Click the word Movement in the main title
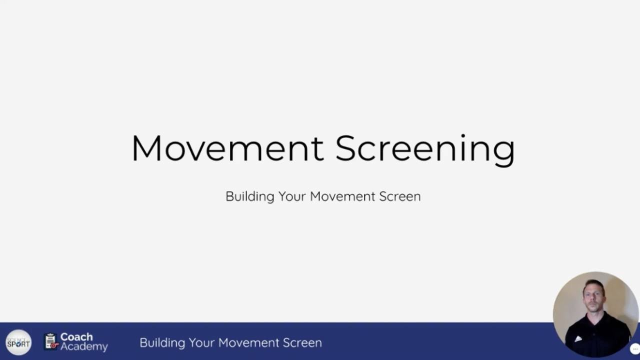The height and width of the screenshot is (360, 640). [227, 148]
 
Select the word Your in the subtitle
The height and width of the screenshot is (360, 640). [292, 196]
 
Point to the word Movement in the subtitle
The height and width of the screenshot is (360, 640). [342, 196]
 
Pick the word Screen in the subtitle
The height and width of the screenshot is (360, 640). [400, 196]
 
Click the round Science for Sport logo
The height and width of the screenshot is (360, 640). [18, 343]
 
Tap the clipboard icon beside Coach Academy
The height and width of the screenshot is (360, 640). [50, 341]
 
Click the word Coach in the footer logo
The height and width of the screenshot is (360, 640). [76, 337]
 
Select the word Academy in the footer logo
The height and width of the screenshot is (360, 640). [84, 346]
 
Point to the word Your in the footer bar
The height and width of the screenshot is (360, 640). [201, 343]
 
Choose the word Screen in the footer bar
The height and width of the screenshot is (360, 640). [302, 343]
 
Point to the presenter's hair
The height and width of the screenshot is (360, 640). [593, 284]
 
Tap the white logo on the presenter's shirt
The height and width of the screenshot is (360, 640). [578, 338]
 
